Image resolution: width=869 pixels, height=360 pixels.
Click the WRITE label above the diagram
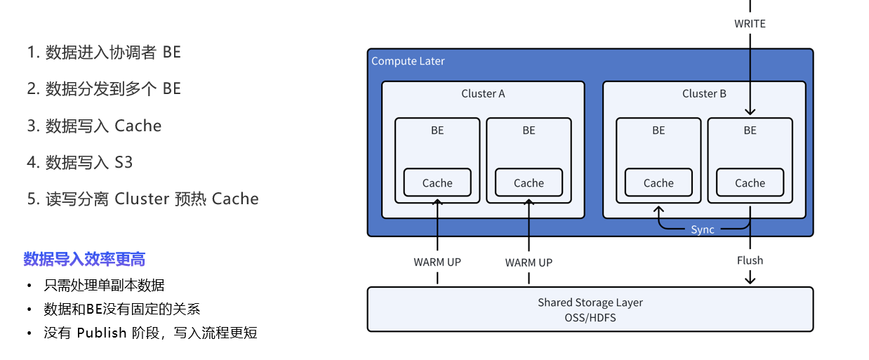pos(750,24)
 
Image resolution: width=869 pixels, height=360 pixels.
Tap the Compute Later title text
pos(408,61)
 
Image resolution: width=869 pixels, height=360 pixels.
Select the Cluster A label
pos(483,93)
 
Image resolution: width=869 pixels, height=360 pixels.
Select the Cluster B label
pos(704,93)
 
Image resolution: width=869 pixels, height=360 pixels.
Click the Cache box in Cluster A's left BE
pos(437,183)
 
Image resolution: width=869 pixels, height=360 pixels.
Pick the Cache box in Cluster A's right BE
pos(529,183)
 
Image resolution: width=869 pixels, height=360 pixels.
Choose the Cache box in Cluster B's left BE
pos(658,183)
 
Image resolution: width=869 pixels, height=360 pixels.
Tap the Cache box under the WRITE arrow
pos(750,183)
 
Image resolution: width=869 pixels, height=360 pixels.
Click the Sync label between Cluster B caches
pos(703,229)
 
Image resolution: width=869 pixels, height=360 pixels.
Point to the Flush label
pos(750,260)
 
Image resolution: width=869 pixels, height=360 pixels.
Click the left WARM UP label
pos(437,262)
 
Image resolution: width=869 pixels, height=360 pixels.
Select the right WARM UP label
pos(529,262)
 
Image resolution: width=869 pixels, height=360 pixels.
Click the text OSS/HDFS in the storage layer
pos(590,317)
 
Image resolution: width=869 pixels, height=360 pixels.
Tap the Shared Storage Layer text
pos(590,302)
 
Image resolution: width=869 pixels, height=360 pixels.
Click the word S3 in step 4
pos(124,163)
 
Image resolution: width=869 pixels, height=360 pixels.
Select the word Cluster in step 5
pos(142,199)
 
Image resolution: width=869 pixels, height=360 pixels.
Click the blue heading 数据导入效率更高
pos(84,260)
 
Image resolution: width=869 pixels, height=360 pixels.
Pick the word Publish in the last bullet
pos(102,333)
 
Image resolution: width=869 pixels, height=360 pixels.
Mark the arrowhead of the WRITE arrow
pos(750,111)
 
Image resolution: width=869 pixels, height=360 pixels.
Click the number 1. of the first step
pos(33,53)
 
